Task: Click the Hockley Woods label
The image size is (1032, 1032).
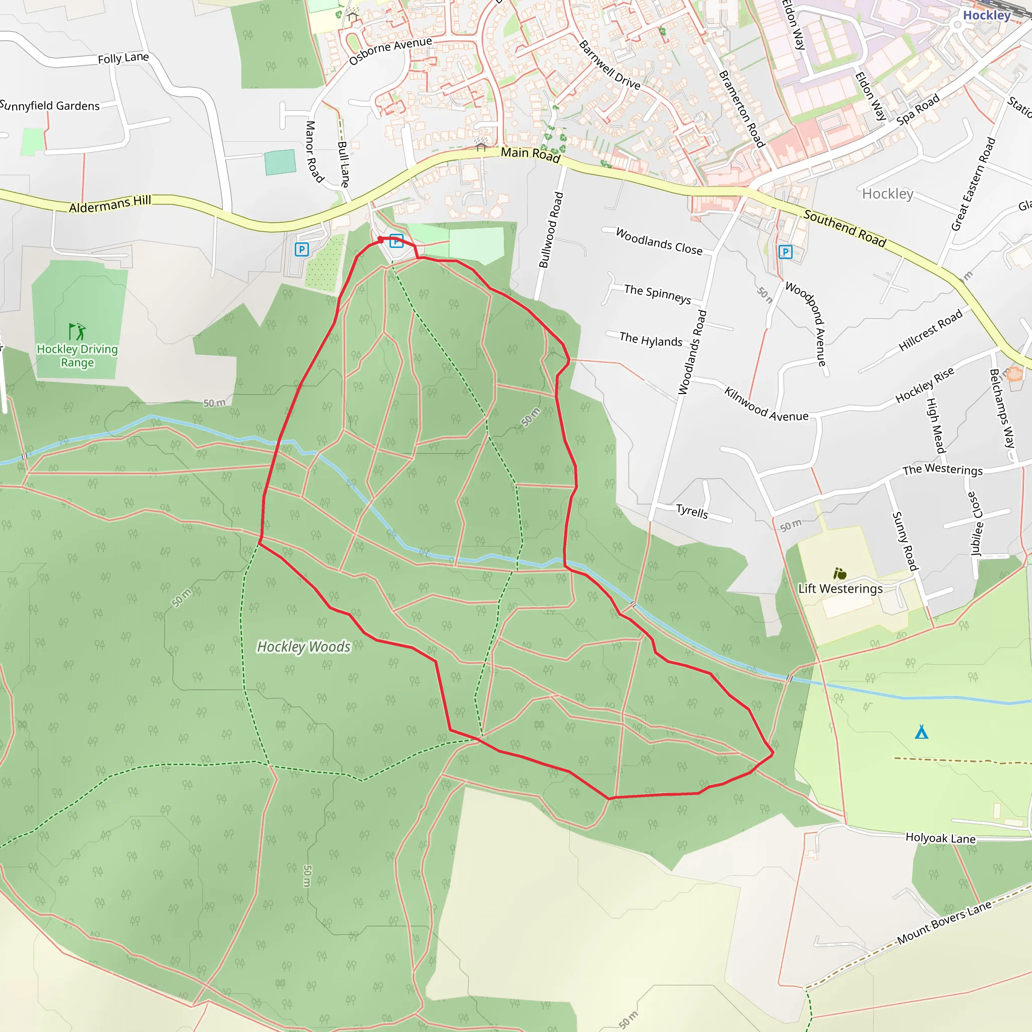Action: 303,647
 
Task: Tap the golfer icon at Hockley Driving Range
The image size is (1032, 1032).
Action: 77,331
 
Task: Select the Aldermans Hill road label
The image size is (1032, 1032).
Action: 110,204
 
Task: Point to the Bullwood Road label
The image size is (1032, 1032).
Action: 551,230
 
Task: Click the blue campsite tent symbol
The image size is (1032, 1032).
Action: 922,732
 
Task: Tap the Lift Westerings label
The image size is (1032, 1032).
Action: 840,589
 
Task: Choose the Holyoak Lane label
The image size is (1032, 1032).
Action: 940,838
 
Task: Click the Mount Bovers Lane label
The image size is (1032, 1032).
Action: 944,923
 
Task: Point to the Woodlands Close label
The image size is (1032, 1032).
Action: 659,241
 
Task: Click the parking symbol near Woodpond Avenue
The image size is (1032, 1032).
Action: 785,252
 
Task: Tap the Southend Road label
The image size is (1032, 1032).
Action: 845,228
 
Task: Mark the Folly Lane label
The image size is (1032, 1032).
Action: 123,57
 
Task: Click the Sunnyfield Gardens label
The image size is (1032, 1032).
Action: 50,105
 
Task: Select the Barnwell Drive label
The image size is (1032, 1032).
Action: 610,64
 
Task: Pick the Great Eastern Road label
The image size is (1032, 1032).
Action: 973,184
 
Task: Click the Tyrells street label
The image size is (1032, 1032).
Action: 692,511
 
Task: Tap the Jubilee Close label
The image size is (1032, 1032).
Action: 976,524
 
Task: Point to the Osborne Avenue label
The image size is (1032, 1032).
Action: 391,50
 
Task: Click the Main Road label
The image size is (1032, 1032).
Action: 530,154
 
